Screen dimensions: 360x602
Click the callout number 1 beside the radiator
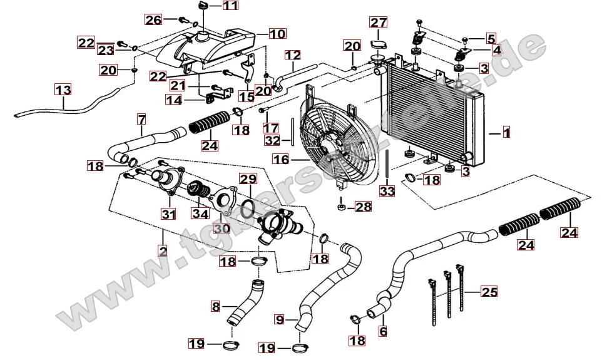(506, 133)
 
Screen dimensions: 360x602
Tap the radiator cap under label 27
(377, 44)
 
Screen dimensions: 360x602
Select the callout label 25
(489, 291)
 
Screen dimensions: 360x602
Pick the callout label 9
(280, 320)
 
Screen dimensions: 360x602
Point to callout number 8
(215, 307)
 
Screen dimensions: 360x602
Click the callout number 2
(163, 252)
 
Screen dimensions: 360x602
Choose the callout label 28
(363, 206)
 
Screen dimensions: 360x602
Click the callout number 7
(141, 118)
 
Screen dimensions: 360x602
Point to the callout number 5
(490, 38)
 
